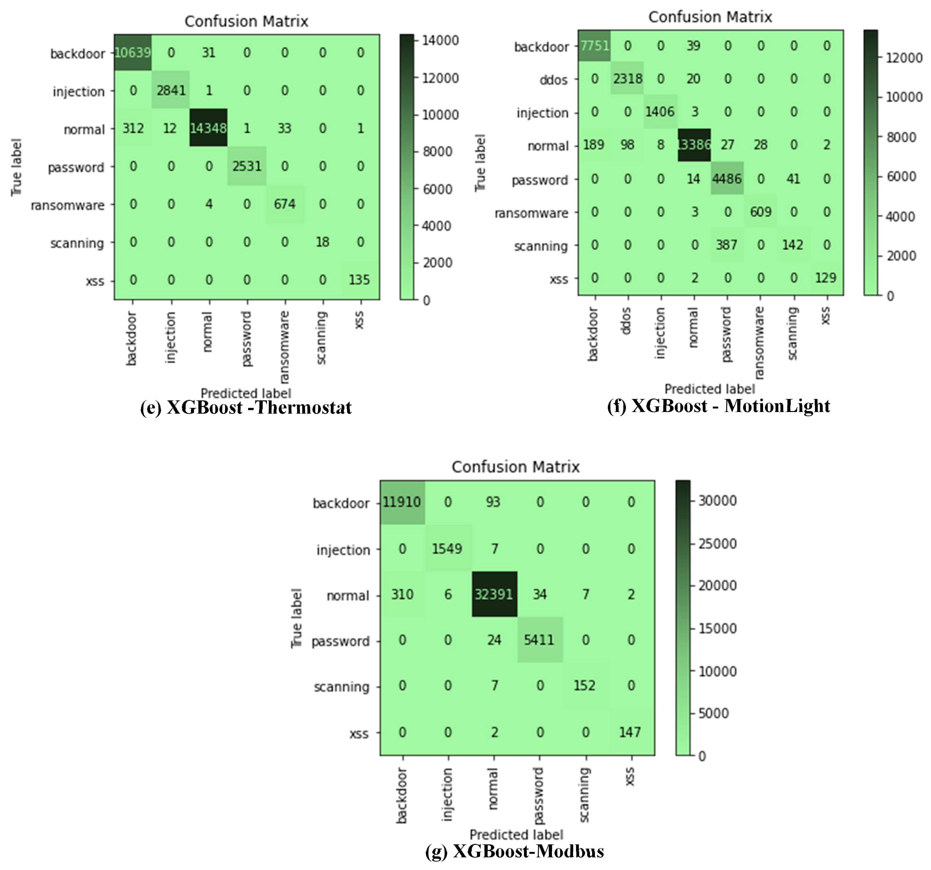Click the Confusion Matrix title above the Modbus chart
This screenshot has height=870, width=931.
coord(516,467)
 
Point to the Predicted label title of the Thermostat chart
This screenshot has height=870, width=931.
coord(246,393)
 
